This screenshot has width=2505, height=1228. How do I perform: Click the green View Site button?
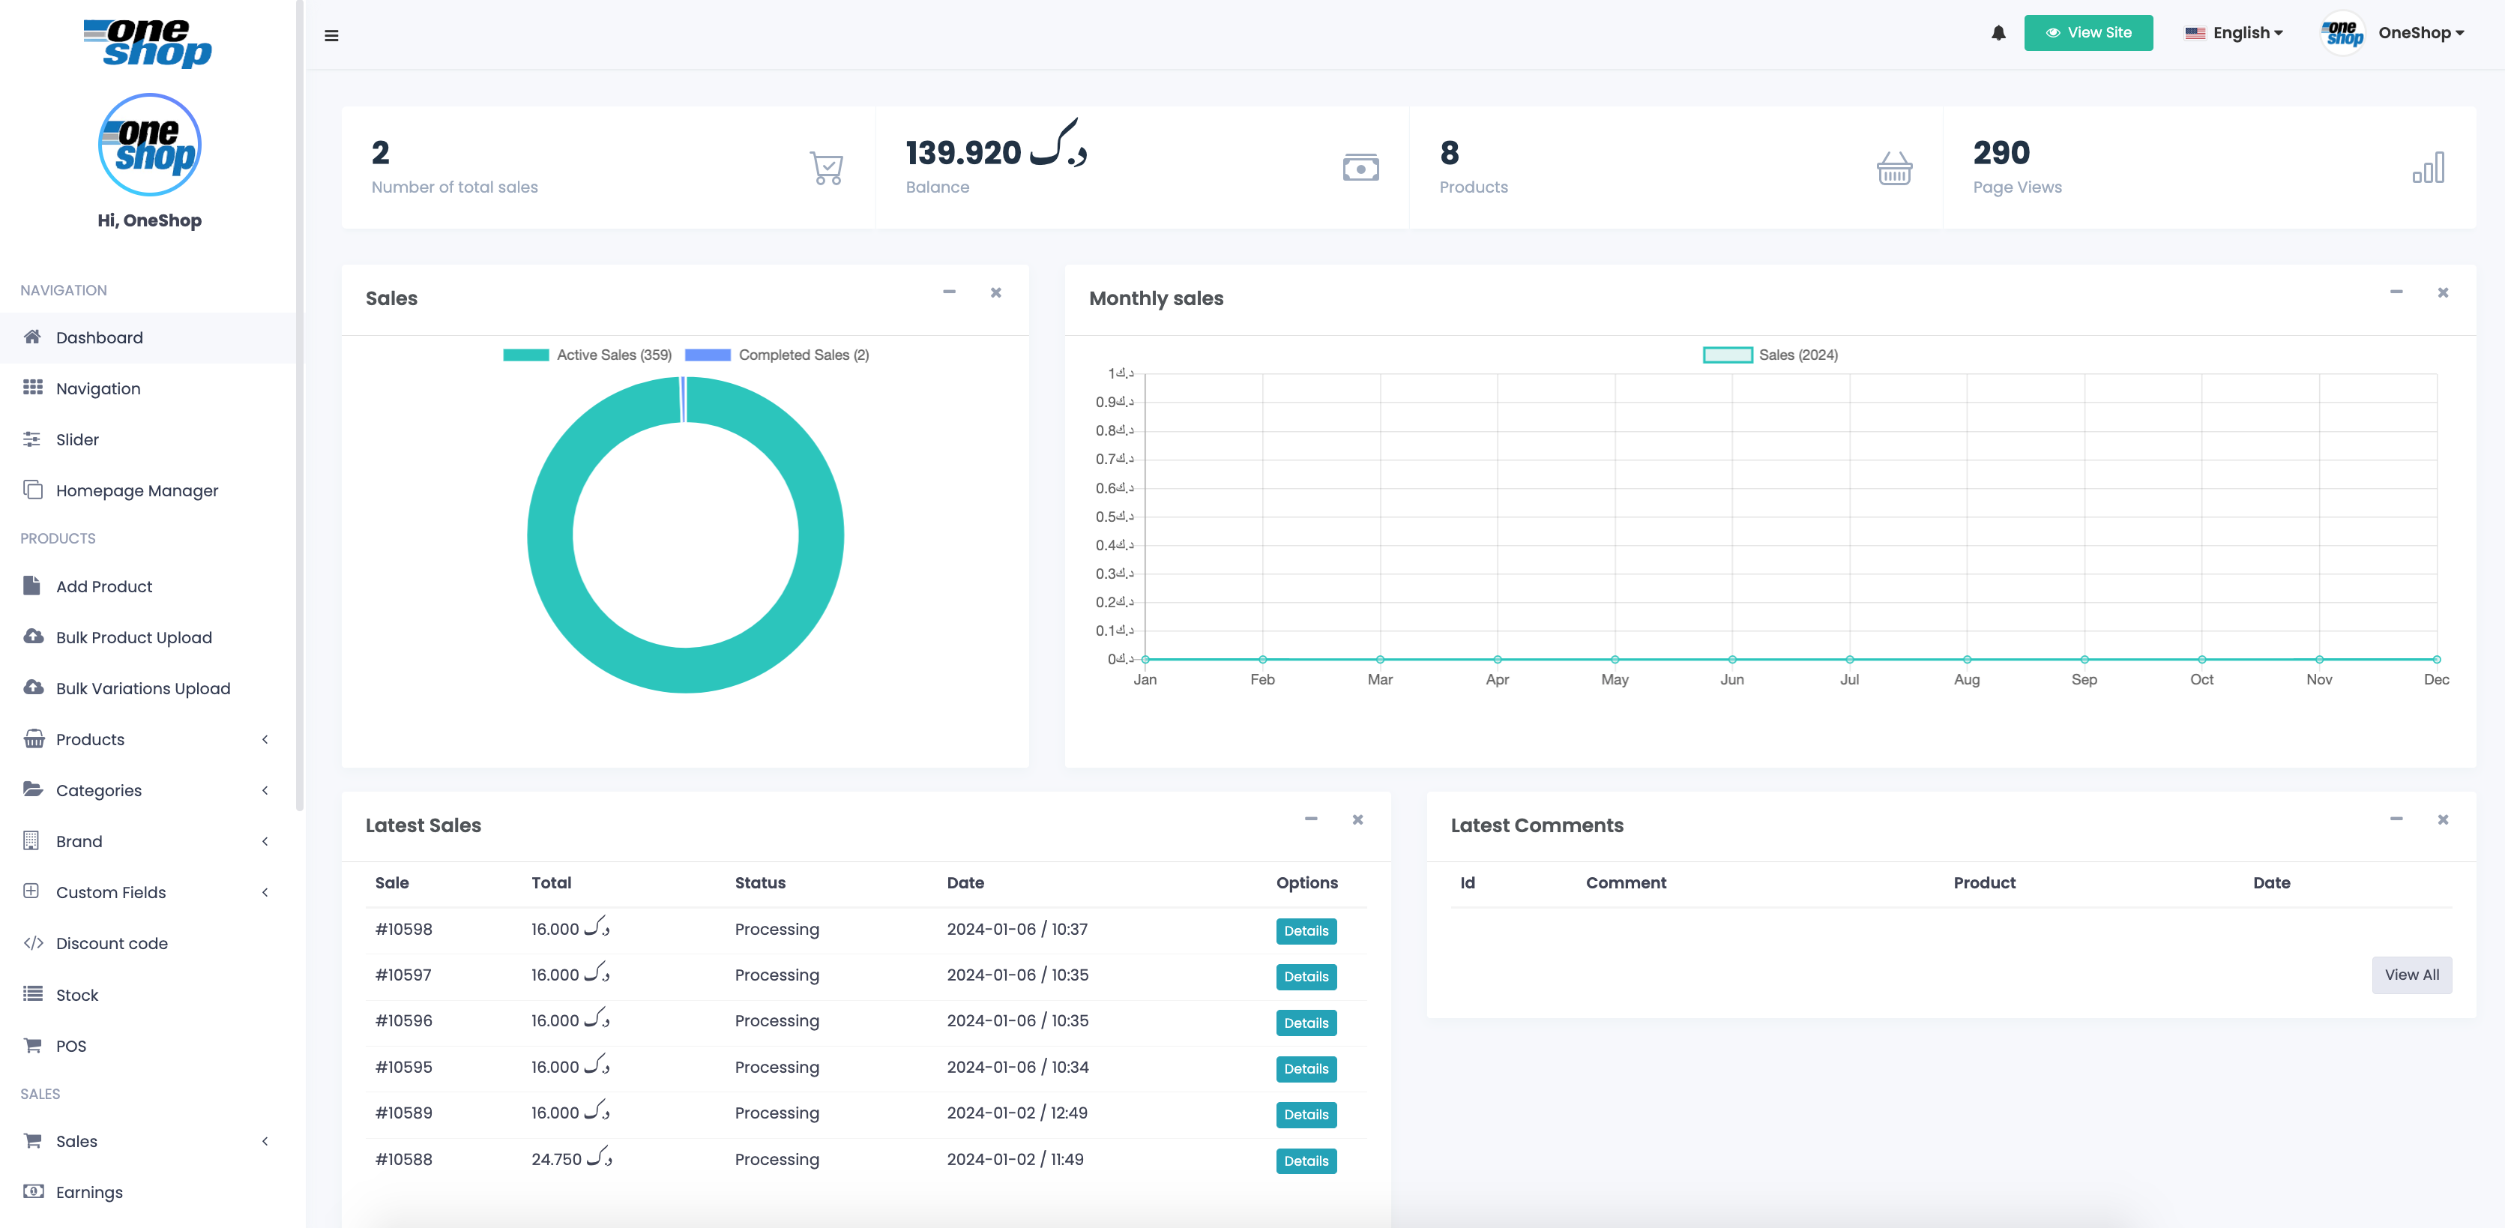pos(2087,33)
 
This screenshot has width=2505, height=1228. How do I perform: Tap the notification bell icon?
pos(1998,33)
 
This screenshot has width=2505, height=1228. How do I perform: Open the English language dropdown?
pos(2234,33)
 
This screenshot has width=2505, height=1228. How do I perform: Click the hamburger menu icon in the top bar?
pos(331,36)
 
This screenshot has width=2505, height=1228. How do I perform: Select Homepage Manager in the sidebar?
pos(137,491)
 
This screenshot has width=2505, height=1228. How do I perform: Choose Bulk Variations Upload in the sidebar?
pos(143,688)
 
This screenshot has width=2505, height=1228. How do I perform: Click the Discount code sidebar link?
pos(112,943)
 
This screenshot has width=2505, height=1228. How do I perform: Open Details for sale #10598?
pos(1305,931)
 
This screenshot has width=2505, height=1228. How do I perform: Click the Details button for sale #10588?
pos(1305,1161)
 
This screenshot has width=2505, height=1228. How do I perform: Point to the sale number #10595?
pos(403,1067)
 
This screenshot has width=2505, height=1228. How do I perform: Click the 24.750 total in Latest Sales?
pos(556,1159)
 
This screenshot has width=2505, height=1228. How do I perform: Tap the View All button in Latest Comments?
pos(2411,975)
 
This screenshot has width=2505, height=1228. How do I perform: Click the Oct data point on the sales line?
pos(2201,659)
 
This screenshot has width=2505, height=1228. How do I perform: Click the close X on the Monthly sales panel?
pos(2442,292)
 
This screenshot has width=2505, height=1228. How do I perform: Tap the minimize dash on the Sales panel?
pos(949,292)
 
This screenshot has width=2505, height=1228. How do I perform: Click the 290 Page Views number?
pos(2001,153)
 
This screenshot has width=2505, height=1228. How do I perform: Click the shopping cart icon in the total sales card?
pos(827,168)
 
